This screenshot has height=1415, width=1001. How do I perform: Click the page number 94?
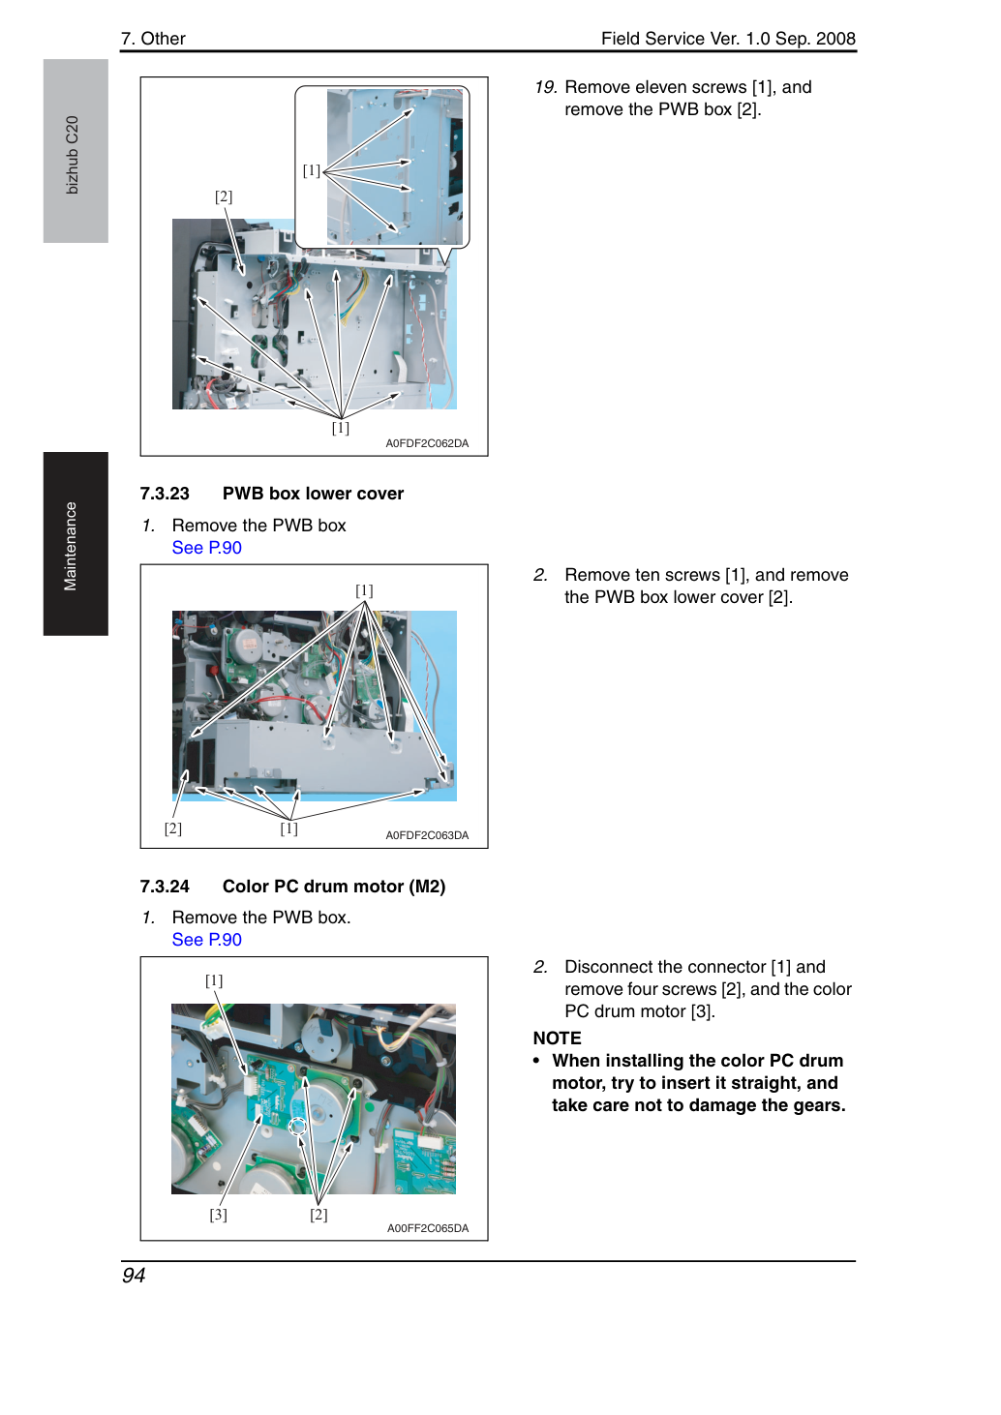click(134, 1275)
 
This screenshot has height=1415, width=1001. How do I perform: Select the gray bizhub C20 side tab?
click(76, 151)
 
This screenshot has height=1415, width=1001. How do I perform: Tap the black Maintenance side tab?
click(76, 544)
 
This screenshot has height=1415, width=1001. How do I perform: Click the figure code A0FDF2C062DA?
click(427, 443)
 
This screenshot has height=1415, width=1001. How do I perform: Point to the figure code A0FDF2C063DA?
click(427, 835)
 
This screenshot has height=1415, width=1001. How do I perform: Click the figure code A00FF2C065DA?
click(428, 1228)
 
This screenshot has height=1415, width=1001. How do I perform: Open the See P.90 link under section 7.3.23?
click(206, 548)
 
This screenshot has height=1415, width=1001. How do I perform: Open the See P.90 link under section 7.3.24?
click(206, 940)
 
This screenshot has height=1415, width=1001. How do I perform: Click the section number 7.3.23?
click(165, 494)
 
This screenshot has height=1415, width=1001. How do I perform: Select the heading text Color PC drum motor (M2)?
click(334, 887)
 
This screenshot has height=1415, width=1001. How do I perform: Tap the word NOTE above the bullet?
click(557, 1038)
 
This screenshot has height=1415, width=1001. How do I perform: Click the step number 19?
click(545, 87)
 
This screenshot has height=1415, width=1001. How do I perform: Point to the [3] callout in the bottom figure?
click(218, 1214)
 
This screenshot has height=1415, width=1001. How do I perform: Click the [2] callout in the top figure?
click(223, 196)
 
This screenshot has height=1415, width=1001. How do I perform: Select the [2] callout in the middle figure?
click(172, 828)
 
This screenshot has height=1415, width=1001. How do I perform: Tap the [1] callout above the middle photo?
click(364, 590)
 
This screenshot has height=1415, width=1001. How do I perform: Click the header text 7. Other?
click(153, 39)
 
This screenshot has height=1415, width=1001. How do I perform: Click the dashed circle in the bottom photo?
click(297, 1127)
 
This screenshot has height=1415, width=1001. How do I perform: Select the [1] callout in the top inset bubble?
click(311, 170)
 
